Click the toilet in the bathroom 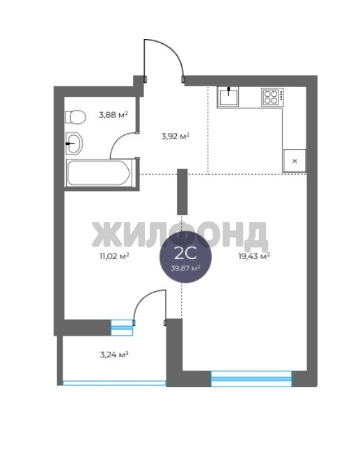click(x=75, y=116)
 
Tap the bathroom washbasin click(x=75, y=143)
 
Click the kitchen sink click(x=228, y=96)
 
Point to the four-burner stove click(x=272, y=97)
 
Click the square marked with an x click(x=295, y=161)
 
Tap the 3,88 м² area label click(x=114, y=115)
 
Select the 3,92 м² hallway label click(x=175, y=136)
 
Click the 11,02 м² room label click(x=114, y=256)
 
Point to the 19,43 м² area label click(x=254, y=256)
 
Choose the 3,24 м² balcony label click(x=114, y=354)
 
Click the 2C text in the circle click(x=186, y=254)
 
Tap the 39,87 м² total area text click(x=186, y=268)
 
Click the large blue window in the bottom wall click(x=251, y=379)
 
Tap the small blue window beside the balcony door click(x=122, y=328)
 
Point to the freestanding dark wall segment click(x=182, y=192)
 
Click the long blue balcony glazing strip click(x=114, y=383)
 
